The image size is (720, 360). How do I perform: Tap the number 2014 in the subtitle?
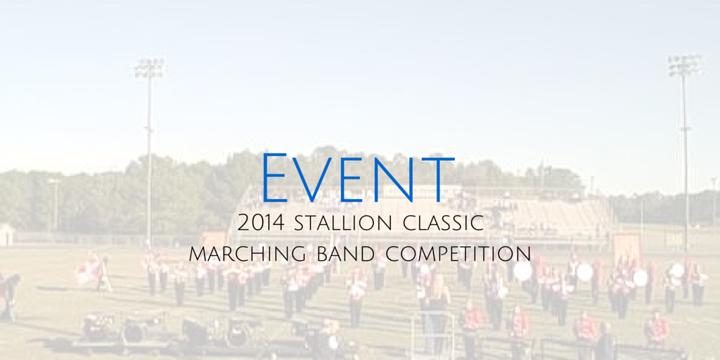(262, 224)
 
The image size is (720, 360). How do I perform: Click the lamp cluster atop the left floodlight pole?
(149, 68)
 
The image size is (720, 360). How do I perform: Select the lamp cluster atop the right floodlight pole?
(684, 65)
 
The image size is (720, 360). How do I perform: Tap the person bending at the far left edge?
(8, 292)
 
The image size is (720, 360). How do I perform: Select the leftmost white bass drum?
(522, 271)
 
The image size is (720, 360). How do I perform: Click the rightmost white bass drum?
(676, 270)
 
